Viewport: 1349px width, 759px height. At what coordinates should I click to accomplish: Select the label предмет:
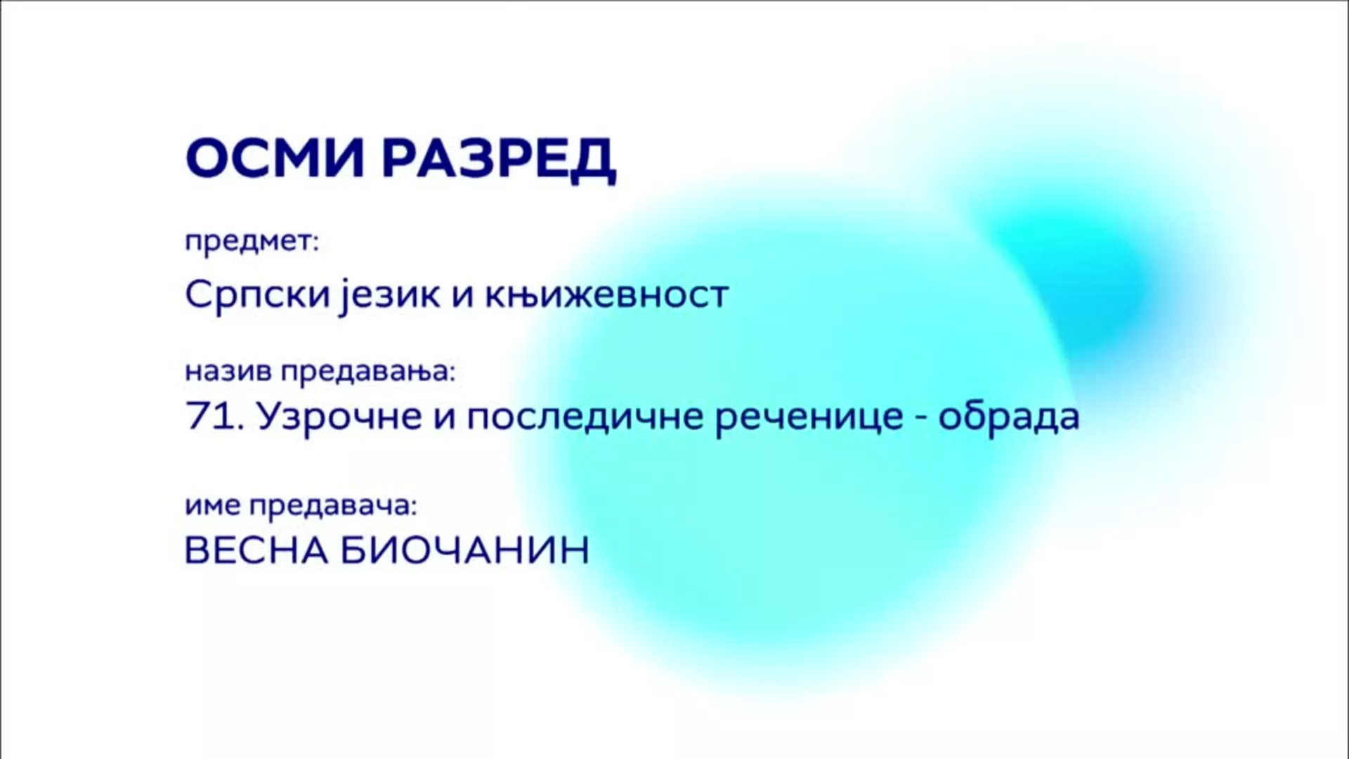coord(252,242)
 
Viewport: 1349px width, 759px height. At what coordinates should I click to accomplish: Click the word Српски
coord(257,294)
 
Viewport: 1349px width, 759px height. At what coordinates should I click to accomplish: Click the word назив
coord(228,370)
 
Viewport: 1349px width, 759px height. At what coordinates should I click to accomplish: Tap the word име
coord(213,505)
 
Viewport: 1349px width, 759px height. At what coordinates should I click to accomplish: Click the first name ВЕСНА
coord(257,550)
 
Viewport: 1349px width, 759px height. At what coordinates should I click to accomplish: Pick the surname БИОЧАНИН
coord(465,550)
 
